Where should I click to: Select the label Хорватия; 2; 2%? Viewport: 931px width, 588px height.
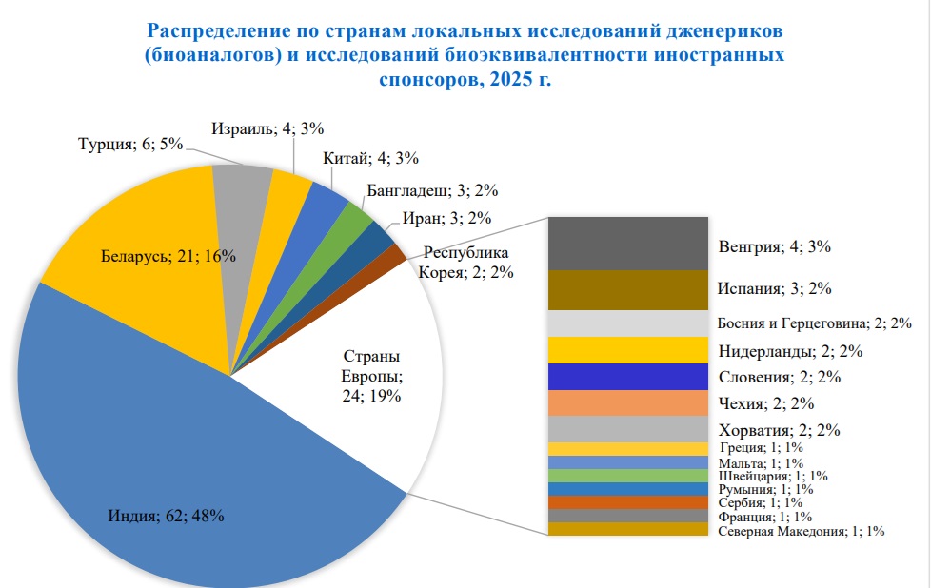tap(779, 429)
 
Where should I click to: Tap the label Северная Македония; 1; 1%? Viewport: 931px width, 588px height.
tap(801, 532)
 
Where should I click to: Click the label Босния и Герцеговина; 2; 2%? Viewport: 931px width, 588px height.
tap(815, 323)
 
